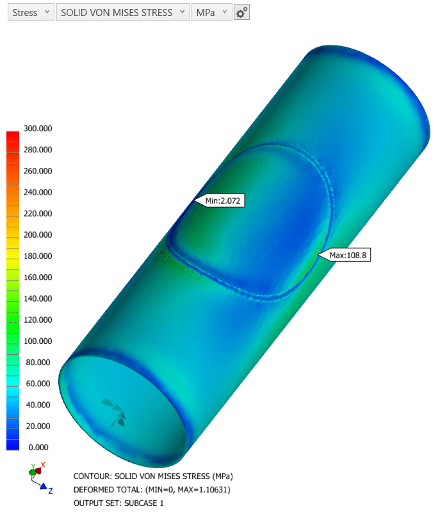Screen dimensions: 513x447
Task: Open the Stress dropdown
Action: [x=30, y=13]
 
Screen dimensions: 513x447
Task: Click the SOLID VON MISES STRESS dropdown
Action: [x=123, y=13]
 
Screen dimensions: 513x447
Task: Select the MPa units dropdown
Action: [x=211, y=13]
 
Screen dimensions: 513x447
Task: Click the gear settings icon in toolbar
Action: [x=241, y=13]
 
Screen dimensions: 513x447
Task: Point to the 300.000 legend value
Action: [x=38, y=128]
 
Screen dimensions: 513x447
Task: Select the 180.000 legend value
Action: [x=38, y=256]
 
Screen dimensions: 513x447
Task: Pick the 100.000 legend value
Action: [x=38, y=341]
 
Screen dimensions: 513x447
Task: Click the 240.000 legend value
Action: [x=38, y=192]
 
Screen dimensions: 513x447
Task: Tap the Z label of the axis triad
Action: [x=51, y=491]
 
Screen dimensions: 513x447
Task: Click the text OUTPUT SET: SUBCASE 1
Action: [x=118, y=503]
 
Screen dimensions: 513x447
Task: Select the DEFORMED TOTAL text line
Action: [x=152, y=490]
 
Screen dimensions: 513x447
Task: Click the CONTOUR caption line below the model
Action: [x=153, y=476]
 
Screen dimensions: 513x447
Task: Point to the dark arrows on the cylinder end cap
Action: [x=114, y=412]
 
